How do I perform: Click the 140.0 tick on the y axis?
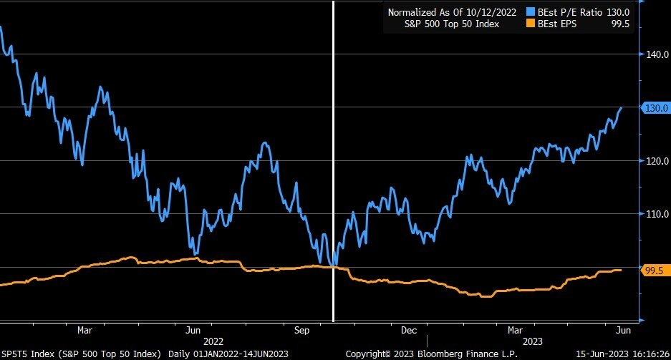(x=656, y=54)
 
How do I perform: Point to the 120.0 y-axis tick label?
(x=656, y=161)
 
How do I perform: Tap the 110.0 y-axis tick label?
(x=656, y=214)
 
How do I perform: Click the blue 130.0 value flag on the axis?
(x=657, y=107)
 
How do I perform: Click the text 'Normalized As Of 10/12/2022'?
(x=452, y=12)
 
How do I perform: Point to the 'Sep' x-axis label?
(x=301, y=331)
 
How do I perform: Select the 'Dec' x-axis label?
(x=409, y=331)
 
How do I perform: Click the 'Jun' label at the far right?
(x=623, y=331)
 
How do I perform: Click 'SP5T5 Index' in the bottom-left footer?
(x=29, y=354)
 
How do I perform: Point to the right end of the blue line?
(x=621, y=107)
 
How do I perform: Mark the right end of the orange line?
(x=620, y=270)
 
